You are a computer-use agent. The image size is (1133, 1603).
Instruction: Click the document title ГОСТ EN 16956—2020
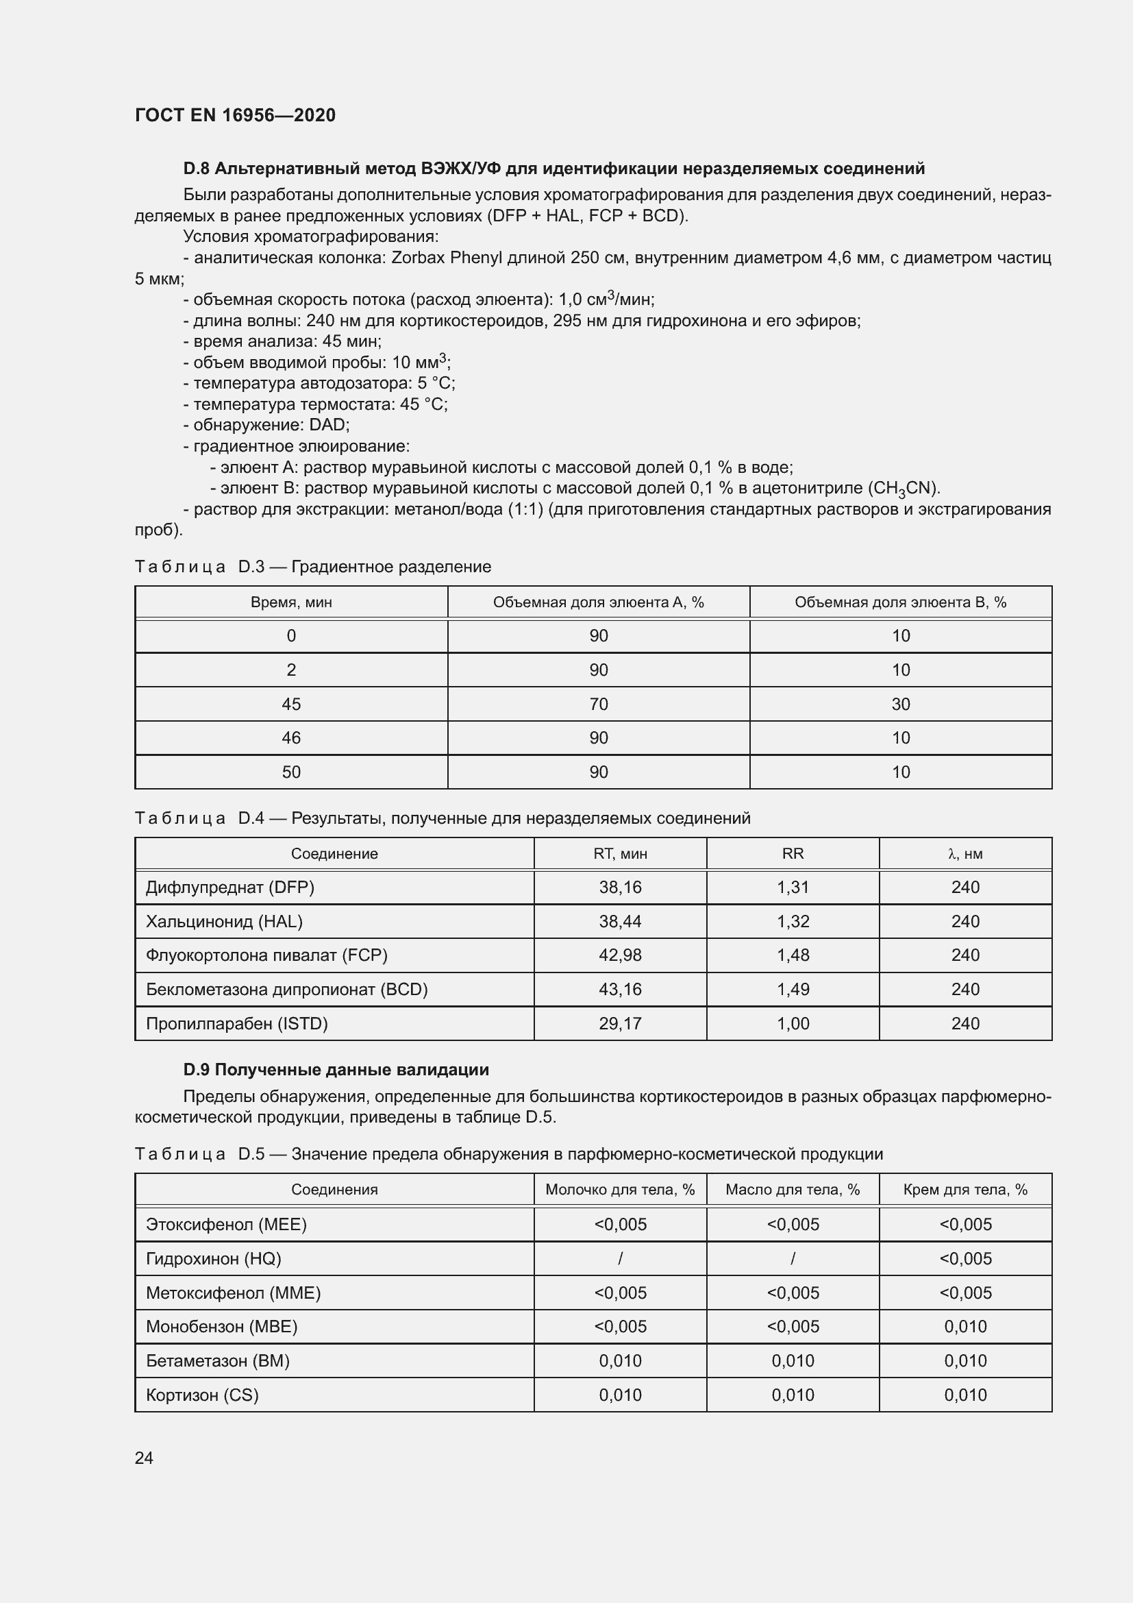coord(235,115)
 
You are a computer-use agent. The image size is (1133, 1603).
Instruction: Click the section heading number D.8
coord(197,169)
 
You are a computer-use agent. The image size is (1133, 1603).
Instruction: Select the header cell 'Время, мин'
coord(291,602)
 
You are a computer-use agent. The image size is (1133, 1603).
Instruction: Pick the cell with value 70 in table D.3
coord(598,704)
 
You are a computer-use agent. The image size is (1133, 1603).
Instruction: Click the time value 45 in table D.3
coord(291,704)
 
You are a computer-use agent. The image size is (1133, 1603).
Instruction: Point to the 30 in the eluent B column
coord(900,704)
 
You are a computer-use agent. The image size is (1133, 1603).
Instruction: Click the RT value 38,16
coord(619,888)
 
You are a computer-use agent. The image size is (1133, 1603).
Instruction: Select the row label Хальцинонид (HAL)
coord(224,922)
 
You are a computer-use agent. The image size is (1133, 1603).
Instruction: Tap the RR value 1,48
coord(793,955)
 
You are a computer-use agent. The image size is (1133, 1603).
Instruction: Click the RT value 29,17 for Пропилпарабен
coord(619,1023)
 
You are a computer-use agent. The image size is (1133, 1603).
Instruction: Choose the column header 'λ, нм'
coord(965,853)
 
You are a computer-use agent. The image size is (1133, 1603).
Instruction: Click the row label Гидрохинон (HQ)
coord(214,1258)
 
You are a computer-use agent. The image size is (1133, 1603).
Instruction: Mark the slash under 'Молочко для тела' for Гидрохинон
coord(619,1258)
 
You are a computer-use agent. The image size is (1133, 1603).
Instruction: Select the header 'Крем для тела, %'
coord(965,1190)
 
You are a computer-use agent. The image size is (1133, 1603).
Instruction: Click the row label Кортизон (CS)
coord(202,1395)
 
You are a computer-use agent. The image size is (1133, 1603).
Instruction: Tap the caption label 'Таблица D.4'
coord(199,818)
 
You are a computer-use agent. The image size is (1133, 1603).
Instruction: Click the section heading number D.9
coord(197,1070)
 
